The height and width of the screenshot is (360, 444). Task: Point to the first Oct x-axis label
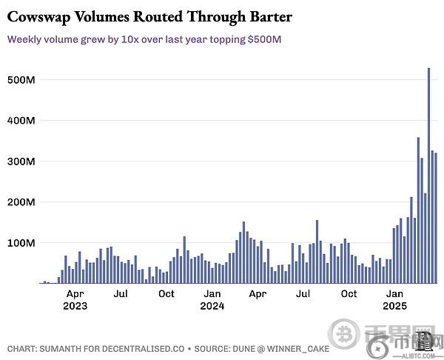point(166,294)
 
